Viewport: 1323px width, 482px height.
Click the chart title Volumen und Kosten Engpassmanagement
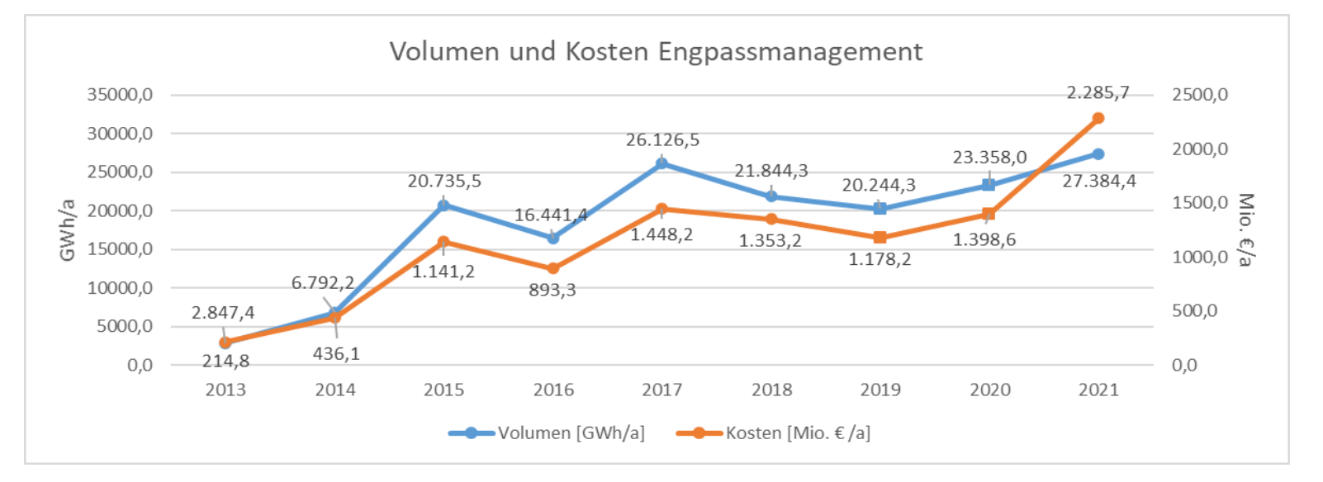click(x=656, y=52)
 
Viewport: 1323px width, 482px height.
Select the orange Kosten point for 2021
click(x=1098, y=118)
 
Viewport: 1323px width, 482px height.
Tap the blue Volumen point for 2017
click(x=661, y=163)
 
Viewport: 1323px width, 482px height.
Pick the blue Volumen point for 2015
click(x=443, y=205)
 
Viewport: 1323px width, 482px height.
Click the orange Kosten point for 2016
click(x=553, y=268)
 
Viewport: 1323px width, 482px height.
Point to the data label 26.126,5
click(x=662, y=140)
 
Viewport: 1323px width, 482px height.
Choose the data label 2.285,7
click(x=1098, y=92)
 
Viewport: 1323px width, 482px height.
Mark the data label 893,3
click(x=552, y=291)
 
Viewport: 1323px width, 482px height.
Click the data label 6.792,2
click(x=323, y=283)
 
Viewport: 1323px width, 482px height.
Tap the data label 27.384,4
click(x=1098, y=181)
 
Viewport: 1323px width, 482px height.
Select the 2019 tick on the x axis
click(x=880, y=390)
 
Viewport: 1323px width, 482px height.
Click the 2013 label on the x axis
click(x=225, y=390)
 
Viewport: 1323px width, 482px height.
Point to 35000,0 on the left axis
click(x=120, y=95)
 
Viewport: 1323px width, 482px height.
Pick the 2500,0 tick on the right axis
click(x=1199, y=95)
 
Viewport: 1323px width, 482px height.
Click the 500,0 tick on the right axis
click(x=1194, y=311)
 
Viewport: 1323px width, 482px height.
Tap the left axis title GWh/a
click(x=68, y=229)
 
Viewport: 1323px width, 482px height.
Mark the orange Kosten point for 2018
click(x=771, y=220)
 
